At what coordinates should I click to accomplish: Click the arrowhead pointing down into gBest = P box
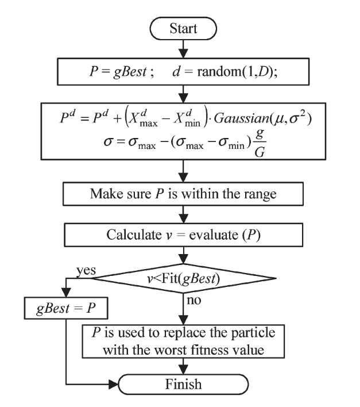point(68,293)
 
